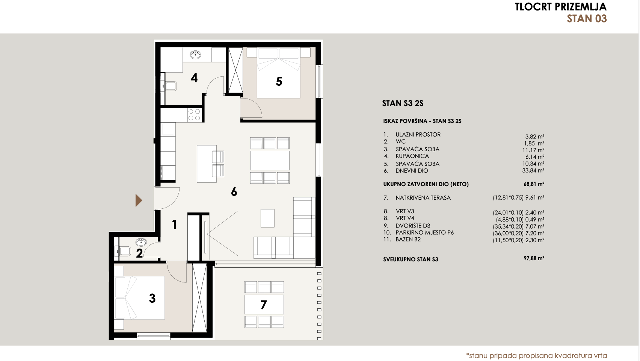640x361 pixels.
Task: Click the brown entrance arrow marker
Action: click(139, 200)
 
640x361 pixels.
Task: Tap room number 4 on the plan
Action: click(194, 78)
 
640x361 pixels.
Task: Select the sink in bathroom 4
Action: click(195, 55)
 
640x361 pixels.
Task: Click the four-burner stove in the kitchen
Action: click(194, 115)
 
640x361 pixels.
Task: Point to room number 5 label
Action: click(279, 82)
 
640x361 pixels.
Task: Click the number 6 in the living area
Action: click(234, 192)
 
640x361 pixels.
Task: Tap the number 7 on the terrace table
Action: click(264, 305)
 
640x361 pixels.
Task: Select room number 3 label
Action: click(152, 298)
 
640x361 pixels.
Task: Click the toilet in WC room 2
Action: click(124, 251)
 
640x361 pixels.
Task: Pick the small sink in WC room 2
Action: click(141, 242)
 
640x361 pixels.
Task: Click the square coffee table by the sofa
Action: click(267, 218)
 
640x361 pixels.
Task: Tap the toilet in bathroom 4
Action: click(170, 86)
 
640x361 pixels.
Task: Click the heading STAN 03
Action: click(587, 19)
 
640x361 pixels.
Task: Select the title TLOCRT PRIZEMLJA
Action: click(560, 7)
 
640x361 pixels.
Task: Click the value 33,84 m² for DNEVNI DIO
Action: click(533, 171)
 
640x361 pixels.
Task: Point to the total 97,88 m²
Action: click(534, 259)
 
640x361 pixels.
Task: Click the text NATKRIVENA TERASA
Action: click(423, 198)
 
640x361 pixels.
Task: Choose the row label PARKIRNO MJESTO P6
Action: click(424, 233)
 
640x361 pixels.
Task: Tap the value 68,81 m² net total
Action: click(534, 184)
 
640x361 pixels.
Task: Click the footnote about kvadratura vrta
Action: click(536, 355)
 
